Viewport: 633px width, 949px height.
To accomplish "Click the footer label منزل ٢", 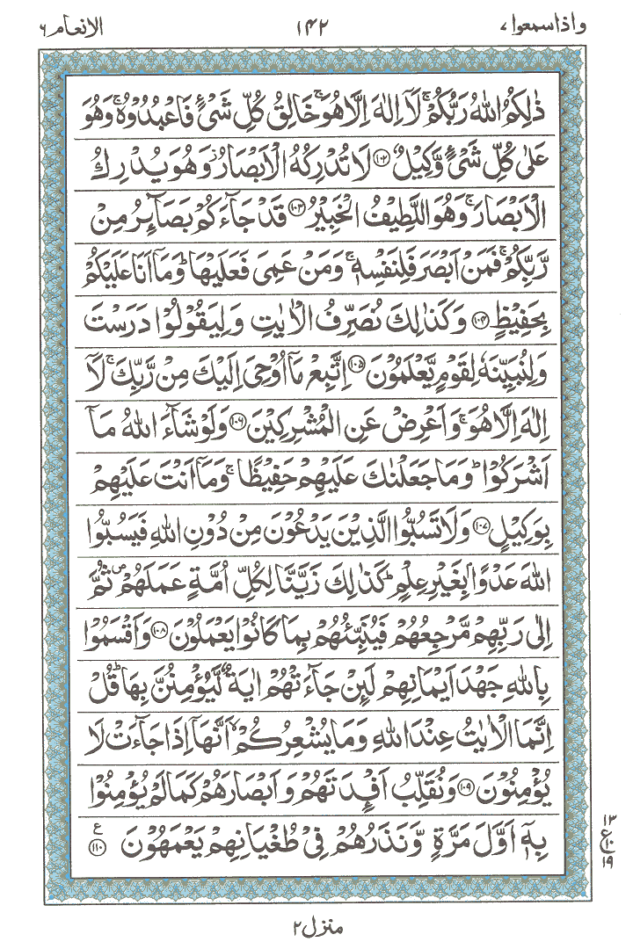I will tap(313, 926).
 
